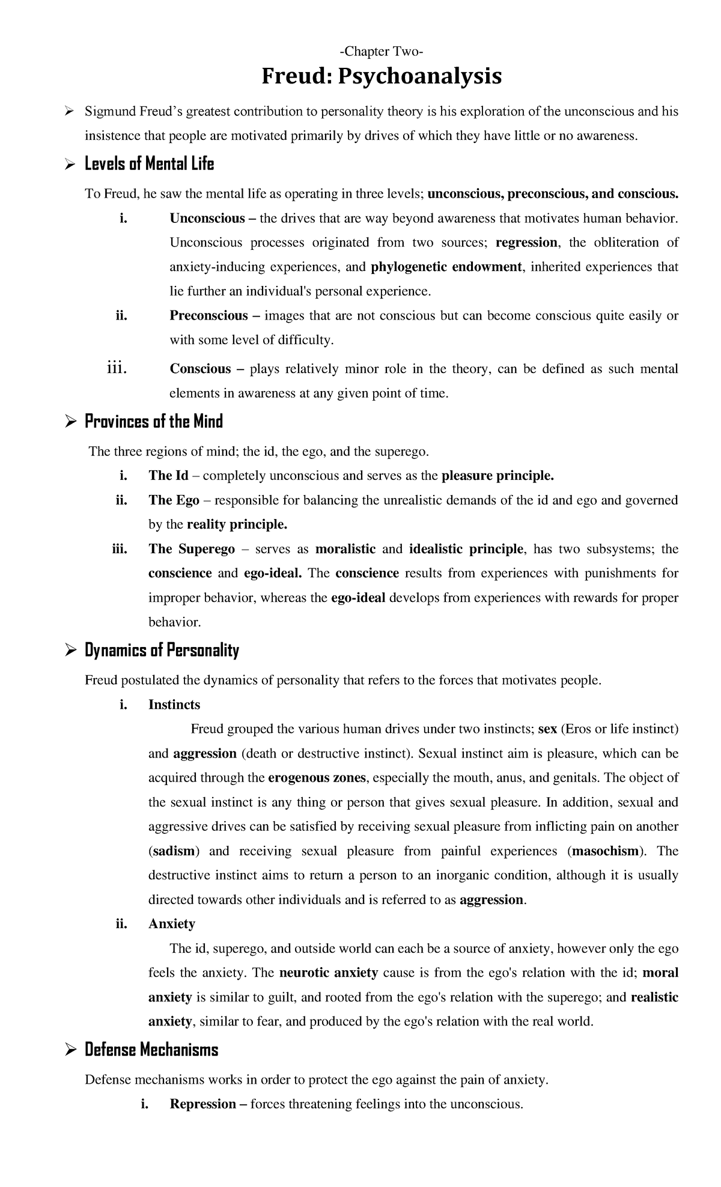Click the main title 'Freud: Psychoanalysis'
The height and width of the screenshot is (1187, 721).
coord(382,77)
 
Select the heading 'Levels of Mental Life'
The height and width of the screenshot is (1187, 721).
coord(149,163)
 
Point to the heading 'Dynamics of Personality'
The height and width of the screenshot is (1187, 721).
coord(162,650)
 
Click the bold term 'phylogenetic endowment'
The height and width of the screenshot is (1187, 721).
coord(446,267)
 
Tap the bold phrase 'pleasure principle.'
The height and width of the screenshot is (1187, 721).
coord(497,476)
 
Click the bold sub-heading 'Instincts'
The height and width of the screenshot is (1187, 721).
coord(174,705)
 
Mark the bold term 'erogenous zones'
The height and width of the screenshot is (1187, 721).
coord(317,777)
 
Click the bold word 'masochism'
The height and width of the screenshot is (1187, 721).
coord(607,851)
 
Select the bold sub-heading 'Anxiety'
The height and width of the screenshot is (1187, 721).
coord(171,923)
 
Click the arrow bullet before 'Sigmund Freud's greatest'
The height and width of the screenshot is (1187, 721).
coord(69,111)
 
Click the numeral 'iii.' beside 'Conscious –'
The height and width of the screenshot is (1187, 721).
coord(116,368)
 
